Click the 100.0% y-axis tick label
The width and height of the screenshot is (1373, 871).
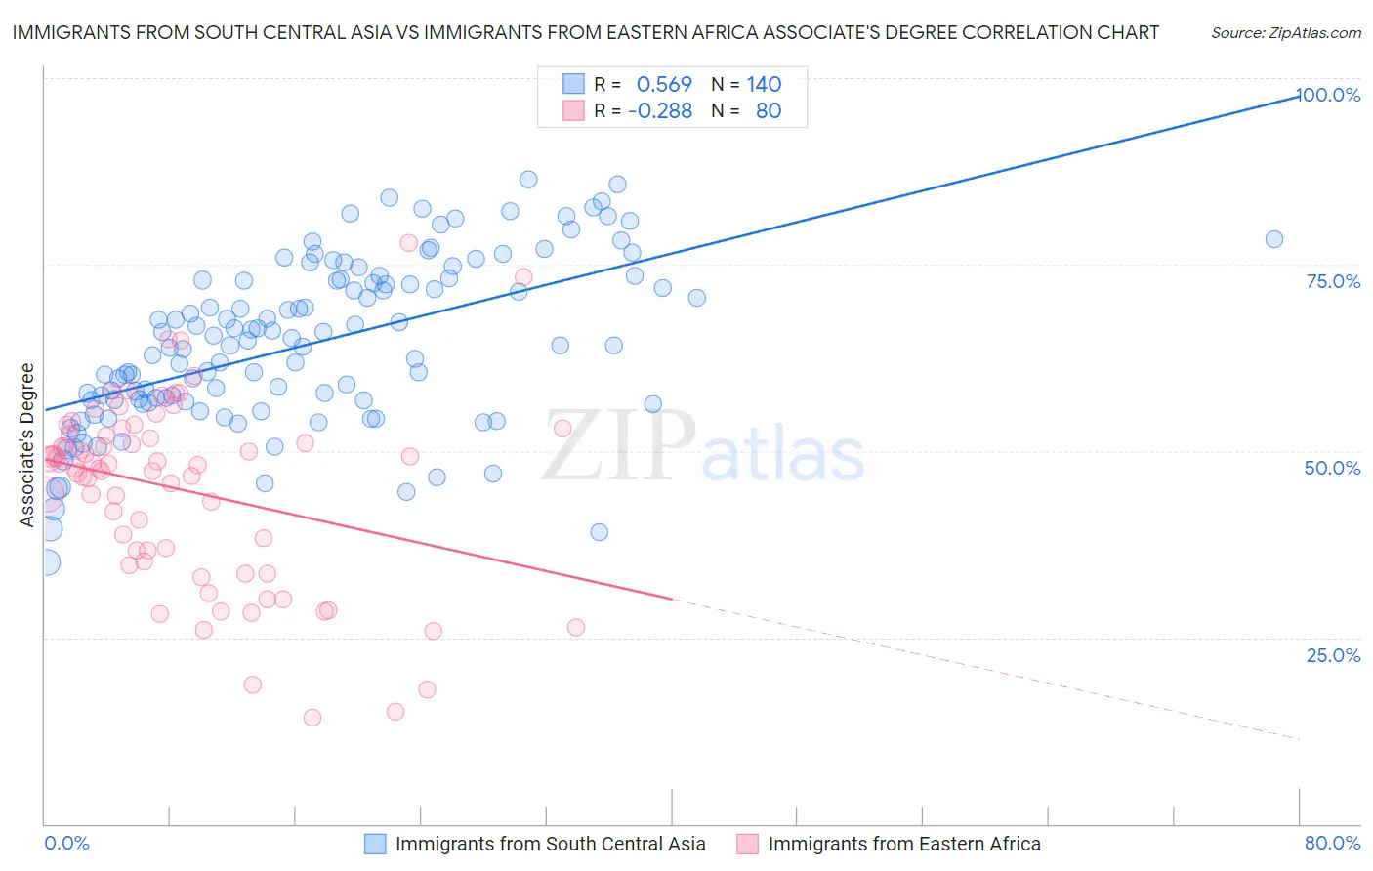coord(1328,95)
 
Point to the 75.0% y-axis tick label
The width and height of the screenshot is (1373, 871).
coord(1333,281)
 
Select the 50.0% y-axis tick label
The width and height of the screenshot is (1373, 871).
coord(1332,468)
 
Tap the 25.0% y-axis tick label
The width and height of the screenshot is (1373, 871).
coord(1333,655)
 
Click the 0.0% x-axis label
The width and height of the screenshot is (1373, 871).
coord(66,843)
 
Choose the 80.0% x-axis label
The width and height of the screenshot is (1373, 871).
coord(1332,843)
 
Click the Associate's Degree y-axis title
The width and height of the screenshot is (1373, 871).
coord(27,445)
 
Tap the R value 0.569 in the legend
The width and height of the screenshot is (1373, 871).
coord(664,85)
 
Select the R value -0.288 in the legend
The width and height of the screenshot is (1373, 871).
coord(660,111)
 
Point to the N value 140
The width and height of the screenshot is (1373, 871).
coord(764,85)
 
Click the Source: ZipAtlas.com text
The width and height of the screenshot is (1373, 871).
coord(1285,33)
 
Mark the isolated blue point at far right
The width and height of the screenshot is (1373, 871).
coord(1273,239)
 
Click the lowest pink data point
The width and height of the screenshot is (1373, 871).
coord(312,718)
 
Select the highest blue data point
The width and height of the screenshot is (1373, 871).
coord(528,179)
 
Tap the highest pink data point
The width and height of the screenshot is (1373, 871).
coord(408,242)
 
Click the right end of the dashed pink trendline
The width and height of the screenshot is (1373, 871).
coord(1299,739)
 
